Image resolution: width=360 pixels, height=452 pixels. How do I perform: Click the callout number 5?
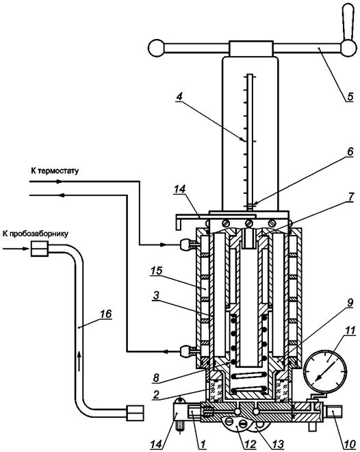[349, 96]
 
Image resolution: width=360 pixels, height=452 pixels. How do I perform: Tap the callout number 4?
[179, 97]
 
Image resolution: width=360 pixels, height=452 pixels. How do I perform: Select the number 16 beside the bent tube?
[105, 314]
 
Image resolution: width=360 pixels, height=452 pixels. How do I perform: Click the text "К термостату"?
[55, 171]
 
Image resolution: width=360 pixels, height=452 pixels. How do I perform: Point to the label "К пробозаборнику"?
[36, 234]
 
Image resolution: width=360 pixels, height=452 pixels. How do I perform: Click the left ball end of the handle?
[156, 47]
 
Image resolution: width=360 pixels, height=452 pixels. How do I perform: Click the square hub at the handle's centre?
[251, 48]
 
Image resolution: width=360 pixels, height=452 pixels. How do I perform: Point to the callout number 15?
[156, 271]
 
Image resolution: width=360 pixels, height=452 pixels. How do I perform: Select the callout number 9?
[350, 303]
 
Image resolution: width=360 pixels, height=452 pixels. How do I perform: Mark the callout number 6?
[349, 152]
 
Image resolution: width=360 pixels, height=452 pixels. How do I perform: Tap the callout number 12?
[250, 444]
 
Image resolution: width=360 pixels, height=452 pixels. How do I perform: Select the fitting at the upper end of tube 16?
[40, 249]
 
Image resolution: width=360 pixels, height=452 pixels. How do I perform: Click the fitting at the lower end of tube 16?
[135, 413]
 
